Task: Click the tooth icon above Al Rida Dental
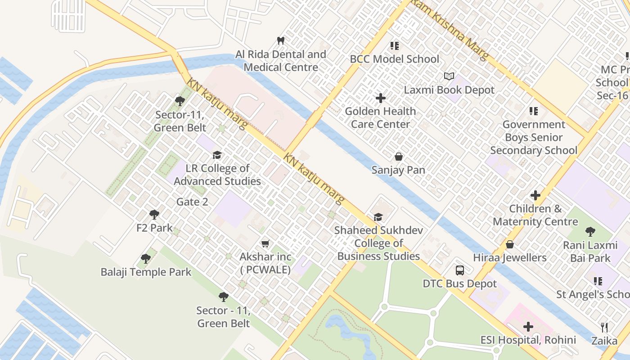281,40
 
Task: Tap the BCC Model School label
394,59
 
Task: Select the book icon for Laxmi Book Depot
449,76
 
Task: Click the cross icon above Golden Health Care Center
381,98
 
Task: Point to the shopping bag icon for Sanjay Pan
398,157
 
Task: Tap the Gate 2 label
192,202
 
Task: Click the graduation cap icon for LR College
217,155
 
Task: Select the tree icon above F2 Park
154,215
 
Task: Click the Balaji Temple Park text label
146,272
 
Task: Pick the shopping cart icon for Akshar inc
265,243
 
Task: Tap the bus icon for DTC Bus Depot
459,270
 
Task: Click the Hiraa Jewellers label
510,258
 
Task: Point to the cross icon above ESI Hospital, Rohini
528,326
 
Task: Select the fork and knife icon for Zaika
604,327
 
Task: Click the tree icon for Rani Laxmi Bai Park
590,232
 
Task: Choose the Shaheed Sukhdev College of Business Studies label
378,243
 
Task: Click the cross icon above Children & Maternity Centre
535,195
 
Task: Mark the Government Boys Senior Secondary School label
534,137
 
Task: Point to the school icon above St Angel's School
598,281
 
